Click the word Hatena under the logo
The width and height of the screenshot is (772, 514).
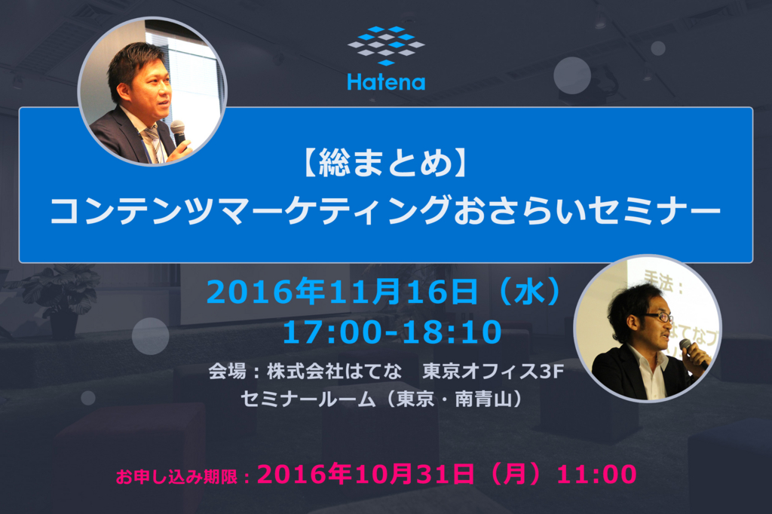pos(386,82)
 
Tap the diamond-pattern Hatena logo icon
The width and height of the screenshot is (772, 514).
pos(386,45)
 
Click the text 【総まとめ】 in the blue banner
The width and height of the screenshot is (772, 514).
pos(385,162)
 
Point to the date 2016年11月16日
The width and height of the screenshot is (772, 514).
pos(342,292)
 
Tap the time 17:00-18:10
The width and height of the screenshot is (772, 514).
pos(392,332)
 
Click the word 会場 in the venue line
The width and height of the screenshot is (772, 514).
pos(227,372)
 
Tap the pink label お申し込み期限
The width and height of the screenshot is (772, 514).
pos(176,476)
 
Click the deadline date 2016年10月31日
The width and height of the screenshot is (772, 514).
pos(366,474)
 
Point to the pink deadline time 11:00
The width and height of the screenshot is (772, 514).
pos(597,475)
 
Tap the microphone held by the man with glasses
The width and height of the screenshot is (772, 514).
pos(694,351)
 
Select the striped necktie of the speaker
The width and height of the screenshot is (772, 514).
pos(154,144)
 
